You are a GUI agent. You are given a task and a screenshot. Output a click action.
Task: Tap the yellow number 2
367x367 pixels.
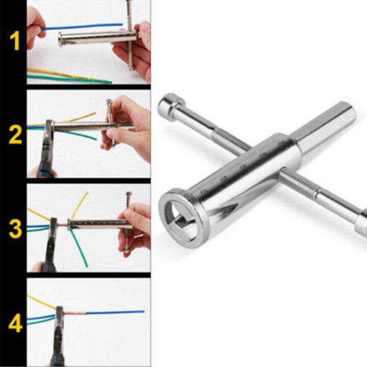pos(15,135)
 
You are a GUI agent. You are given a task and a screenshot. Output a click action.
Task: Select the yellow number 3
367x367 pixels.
pos(15,229)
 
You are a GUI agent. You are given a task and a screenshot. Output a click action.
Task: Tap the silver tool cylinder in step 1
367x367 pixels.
pos(97,38)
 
